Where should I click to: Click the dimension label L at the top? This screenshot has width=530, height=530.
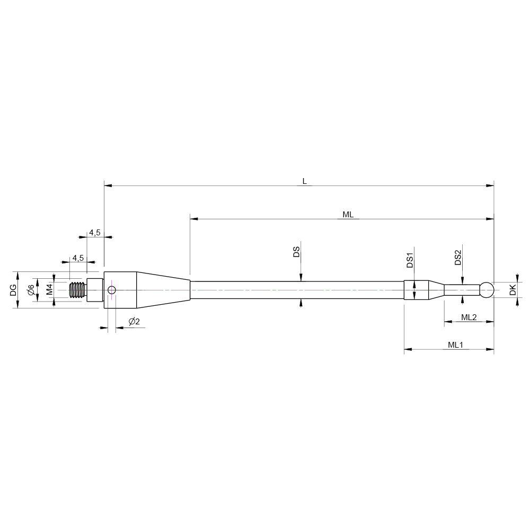304,181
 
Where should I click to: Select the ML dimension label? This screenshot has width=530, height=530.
348,214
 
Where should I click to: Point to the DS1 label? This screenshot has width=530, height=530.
409,260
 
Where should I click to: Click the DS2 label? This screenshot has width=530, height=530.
457,258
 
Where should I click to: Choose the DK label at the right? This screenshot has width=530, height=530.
513,290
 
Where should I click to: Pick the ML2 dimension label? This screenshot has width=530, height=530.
469,317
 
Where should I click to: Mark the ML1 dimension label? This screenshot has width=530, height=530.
456,344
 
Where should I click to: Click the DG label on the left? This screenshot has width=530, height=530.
14,290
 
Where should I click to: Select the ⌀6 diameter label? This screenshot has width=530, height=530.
31,290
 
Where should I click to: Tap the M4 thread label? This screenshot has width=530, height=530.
49,290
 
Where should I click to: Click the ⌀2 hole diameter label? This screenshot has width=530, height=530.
134,322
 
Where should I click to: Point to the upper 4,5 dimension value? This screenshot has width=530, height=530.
94,233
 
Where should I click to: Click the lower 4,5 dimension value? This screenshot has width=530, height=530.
78,258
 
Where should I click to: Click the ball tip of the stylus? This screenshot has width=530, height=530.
487,290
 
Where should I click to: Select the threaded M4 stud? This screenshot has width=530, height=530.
78,290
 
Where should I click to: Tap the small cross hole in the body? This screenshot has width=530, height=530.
111,290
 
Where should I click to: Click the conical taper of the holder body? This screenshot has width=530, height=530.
163,290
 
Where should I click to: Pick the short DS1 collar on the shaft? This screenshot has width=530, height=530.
416,290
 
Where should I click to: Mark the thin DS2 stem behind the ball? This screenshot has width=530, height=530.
462,290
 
